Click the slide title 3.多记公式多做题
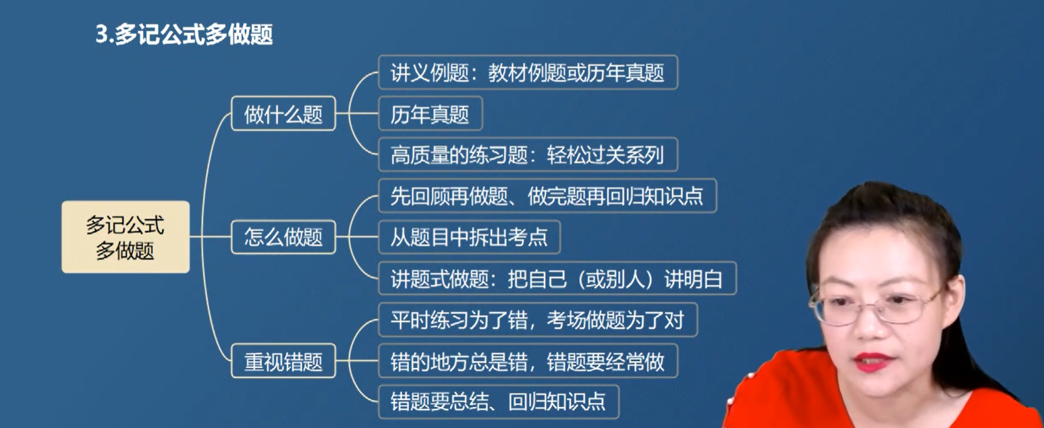[x=184, y=34]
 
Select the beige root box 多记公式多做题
[x=126, y=237]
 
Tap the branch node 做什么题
[x=283, y=113]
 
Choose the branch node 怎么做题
[x=283, y=237]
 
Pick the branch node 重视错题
[x=283, y=361]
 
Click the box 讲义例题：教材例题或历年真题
[x=528, y=72]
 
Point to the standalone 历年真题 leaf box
[x=430, y=113]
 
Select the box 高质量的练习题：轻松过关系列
[x=528, y=155]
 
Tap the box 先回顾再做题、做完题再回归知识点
[x=547, y=196]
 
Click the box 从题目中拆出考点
[x=469, y=237]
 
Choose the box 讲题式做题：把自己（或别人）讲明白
[x=557, y=278]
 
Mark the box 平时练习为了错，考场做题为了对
[x=538, y=320]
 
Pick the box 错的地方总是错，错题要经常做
[x=528, y=361]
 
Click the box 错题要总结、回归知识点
[x=499, y=402]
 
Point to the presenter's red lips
[x=873, y=363]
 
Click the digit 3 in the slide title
[x=102, y=34]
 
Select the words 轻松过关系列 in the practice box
[x=605, y=155]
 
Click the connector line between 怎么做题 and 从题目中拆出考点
[x=357, y=237]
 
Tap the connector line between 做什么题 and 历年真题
[x=357, y=113]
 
